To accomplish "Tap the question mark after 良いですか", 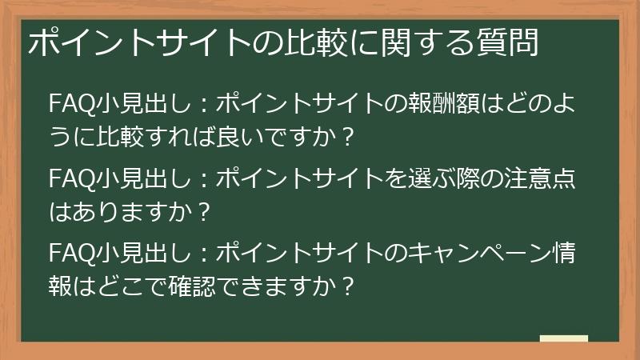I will pyautogui.click(x=347, y=136).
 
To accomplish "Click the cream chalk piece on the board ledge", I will pyautogui.click(x=563, y=338).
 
